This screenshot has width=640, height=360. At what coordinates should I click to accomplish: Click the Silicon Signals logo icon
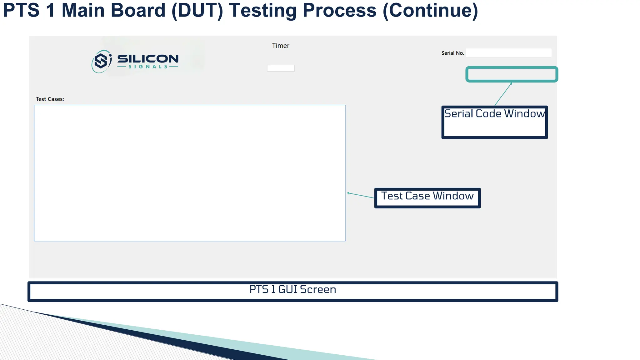[x=101, y=61]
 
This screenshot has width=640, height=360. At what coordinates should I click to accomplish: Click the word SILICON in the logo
[x=148, y=58]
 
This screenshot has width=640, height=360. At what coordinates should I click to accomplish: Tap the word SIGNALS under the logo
[x=148, y=67]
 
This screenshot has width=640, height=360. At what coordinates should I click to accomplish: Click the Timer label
[x=280, y=46]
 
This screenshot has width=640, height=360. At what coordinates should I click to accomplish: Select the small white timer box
[x=280, y=68]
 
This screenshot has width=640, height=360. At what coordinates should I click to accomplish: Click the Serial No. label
[x=452, y=53]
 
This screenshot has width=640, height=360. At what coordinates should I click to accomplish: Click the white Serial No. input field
[x=508, y=53]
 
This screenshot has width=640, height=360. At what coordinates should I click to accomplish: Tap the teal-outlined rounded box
[x=512, y=74]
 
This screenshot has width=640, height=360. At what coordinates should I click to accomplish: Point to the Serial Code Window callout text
[x=494, y=114]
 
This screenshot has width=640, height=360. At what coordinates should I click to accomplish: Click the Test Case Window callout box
[x=427, y=198]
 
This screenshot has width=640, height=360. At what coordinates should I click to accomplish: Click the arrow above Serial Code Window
[x=503, y=94]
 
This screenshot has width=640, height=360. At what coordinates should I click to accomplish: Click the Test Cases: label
[x=50, y=99]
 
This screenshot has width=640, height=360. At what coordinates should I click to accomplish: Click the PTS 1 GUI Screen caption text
[x=292, y=289]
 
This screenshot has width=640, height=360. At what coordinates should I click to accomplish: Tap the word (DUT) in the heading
[x=197, y=10]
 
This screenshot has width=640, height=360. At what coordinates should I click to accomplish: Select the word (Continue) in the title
[x=430, y=10]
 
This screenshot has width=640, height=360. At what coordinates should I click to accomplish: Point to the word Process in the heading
[x=339, y=10]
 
